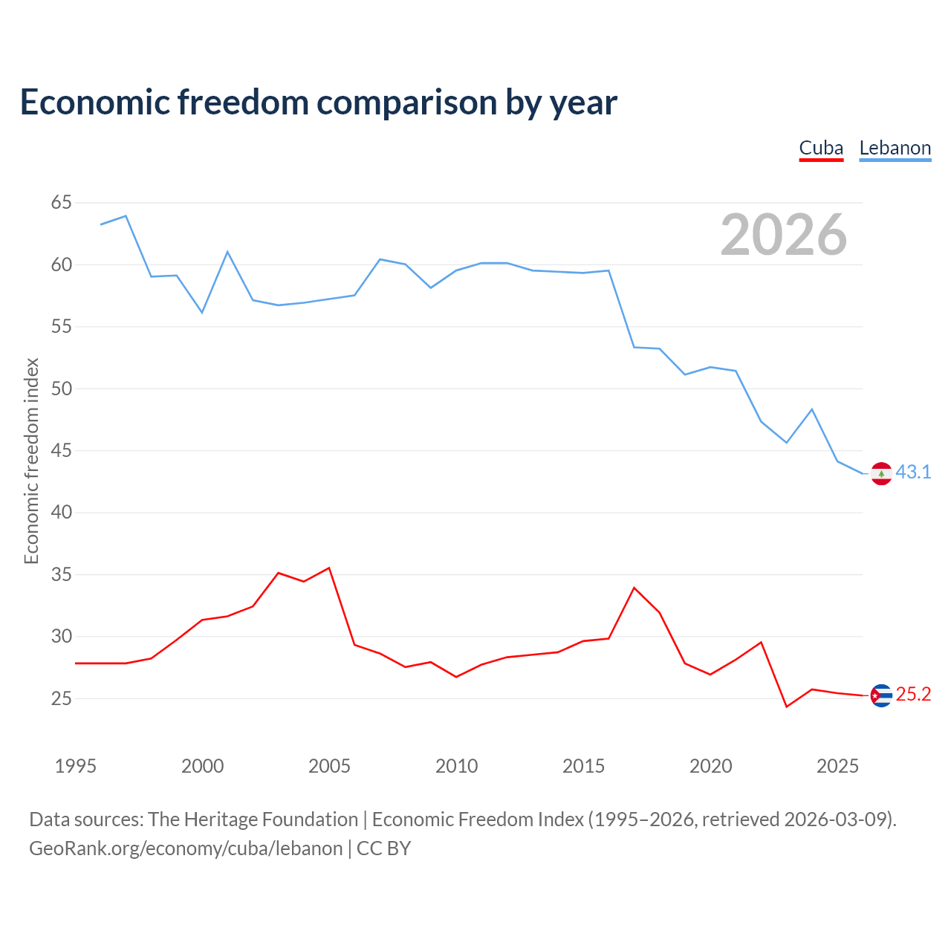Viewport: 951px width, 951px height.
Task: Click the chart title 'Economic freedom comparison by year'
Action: pyautogui.click(x=318, y=103)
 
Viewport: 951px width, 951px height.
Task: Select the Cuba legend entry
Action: pyautogui.click(x=821, y=149)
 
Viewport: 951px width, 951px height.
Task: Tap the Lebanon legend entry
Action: pyautogui.click(x=895, y=149)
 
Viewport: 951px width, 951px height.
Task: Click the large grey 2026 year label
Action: pyautogui.click(x=783, y=234)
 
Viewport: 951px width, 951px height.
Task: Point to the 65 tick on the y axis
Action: pyautogui.click(x=61, y=202)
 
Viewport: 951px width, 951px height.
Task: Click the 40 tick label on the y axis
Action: pyautogui.click(x=61, y=512)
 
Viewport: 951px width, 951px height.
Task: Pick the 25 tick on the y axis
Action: pyautogui.click(x=61, y=698)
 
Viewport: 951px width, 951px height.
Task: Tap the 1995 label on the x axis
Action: pyautogui.click(x=76, y=766)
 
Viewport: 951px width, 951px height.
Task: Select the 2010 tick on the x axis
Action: pyautogui.click(x=456, y=766)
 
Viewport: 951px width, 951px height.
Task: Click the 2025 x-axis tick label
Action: pyautogui.click(x=837, y=766)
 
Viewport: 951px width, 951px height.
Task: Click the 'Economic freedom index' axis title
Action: pyautogui.click(x=31, y=461)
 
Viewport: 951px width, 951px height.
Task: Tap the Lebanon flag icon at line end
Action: pyautogui.click(x=881, y=474)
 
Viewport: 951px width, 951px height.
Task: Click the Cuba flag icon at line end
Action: pyautogui.click(x=881, y=696)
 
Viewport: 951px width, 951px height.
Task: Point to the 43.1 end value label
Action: pyautogui.click(x=913, y=473)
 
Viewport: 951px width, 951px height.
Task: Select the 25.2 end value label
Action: pyautogui.click(x=913, y=695)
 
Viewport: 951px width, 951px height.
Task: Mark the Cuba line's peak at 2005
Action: pyautogui.click(x=329, y=568)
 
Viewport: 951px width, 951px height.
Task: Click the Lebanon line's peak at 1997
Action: pyautogui.click(x=126, y=215)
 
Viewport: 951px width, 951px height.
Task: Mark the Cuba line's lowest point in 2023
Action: pyautogui.click(x=787, y=707)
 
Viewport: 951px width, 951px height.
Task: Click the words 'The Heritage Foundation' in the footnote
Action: pyautogui.click(x=253, y=819)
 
